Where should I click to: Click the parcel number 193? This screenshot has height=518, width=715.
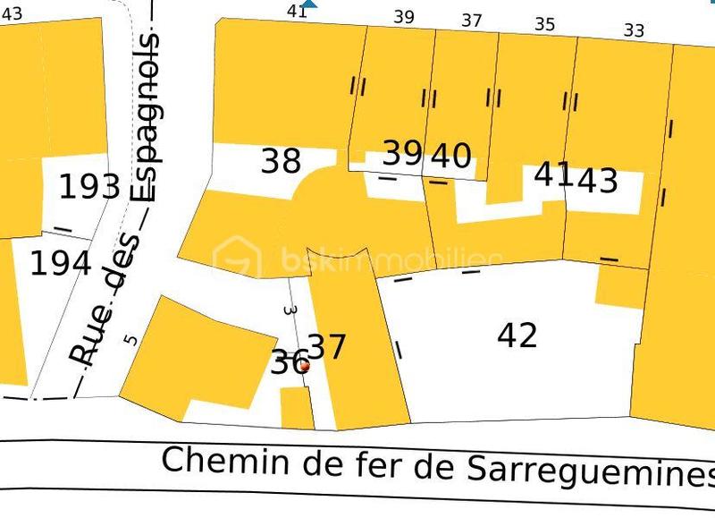[89, 187]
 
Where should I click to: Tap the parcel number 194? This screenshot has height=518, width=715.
[60, 264]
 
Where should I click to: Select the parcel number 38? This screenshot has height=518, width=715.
[281, 161]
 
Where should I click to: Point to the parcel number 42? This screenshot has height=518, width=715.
[517, 335]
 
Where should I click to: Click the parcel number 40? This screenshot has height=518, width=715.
[451, 156]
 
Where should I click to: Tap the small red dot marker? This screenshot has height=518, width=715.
[304, 365]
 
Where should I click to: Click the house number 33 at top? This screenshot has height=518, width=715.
[634, 30]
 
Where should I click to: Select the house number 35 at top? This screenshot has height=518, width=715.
[544, 25]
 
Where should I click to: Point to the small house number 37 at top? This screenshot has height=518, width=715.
[472, 21]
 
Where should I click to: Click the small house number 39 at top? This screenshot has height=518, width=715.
[404, 17]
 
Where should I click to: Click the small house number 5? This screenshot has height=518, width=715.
[132, 339]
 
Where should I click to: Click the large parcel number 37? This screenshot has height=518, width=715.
[326, 347]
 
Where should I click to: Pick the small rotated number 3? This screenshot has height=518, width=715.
[289, 310]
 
